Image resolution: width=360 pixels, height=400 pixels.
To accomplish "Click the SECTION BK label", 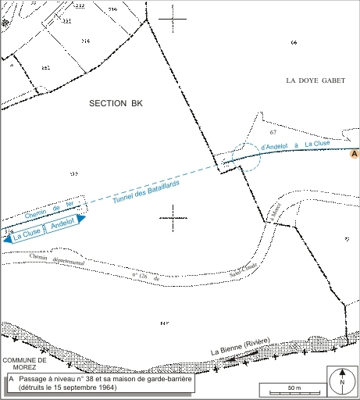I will click(x=116, y=103).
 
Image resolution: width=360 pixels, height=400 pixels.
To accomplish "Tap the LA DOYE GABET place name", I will click(x=315, y=80).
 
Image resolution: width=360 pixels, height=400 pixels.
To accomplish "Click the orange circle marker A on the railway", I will click(x=354, y=155).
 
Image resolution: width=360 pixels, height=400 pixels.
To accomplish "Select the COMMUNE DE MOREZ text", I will click(x=24, y=364).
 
